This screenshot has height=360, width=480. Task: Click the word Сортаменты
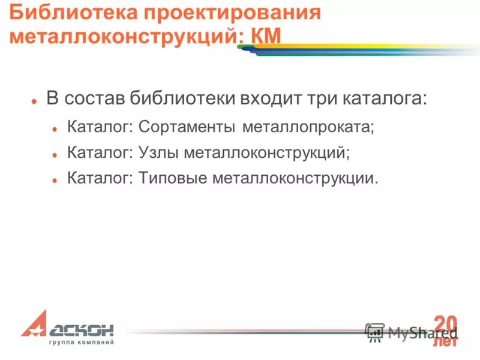(x=188, y=127)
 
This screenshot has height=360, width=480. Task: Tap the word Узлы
(x=158, y=153)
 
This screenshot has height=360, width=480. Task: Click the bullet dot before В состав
(x=34, y=101)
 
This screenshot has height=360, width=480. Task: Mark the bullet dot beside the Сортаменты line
(x=55, y=129)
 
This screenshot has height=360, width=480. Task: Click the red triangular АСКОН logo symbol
(x=35, y=324)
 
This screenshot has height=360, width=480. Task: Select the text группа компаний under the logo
(x=81, y=343)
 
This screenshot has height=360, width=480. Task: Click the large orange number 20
(x=445, y=322)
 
